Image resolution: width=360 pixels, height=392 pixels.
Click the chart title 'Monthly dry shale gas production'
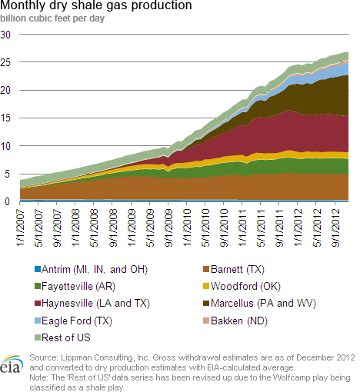[x=96, y=5]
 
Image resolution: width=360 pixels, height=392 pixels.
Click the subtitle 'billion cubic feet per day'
[x=52, y=18]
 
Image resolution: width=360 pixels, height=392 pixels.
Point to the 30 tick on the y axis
[x=5, y=35]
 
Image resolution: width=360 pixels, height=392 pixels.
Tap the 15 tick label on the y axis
[x=5, y=118]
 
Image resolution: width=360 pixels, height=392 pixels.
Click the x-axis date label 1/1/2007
[x=20, y=228]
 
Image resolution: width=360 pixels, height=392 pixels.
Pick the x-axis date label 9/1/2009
[x=168, y=228]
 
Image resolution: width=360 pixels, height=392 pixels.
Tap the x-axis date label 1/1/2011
[x=242, y=228]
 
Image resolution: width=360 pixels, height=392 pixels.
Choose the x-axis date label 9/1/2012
[x=335, y=228]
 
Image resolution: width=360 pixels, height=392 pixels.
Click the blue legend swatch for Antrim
[x=38, y=269]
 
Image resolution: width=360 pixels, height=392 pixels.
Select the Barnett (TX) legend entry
[x=234, y=269]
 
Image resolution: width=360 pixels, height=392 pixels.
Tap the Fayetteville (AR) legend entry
[x=75, y=286]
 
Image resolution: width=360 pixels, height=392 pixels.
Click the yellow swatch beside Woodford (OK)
[x=206, y=286]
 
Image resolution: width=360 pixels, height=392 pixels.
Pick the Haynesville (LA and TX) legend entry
[x=92, y=304]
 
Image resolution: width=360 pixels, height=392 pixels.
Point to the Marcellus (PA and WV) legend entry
[x=259, y=304]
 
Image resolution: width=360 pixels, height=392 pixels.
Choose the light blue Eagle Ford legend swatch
[x=38, y=321]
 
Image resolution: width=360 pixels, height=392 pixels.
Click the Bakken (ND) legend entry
[x=235, y=321]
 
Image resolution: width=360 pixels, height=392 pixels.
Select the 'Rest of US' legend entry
[x=62, y=337]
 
